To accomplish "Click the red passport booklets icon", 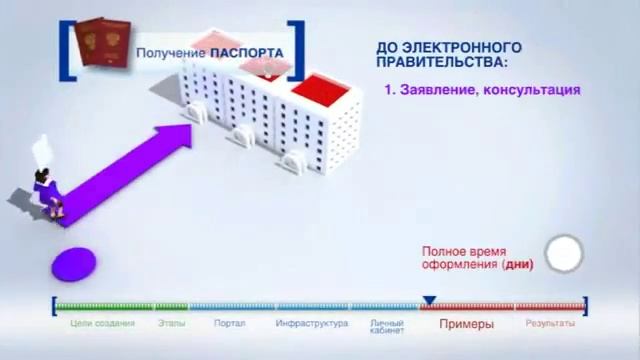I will click(100, 47).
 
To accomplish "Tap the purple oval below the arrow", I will click(73, 264).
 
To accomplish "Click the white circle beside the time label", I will click(564, 253).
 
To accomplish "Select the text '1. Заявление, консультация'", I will click(483, 89).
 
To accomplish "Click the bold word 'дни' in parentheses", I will click(518, 265).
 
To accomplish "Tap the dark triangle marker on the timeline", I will click(429, 300).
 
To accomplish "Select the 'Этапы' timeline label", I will click(171, 324).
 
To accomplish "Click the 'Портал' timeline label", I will click(229, 324).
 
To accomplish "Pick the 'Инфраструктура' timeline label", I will click(311, 324).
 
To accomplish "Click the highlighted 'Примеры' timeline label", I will click(466, 324).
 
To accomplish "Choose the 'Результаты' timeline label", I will click(550, 324).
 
